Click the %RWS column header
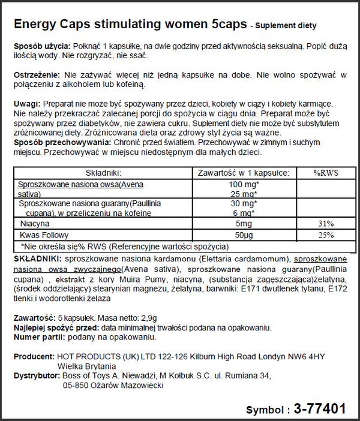click(326, 172)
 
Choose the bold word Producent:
click(34, 355)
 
